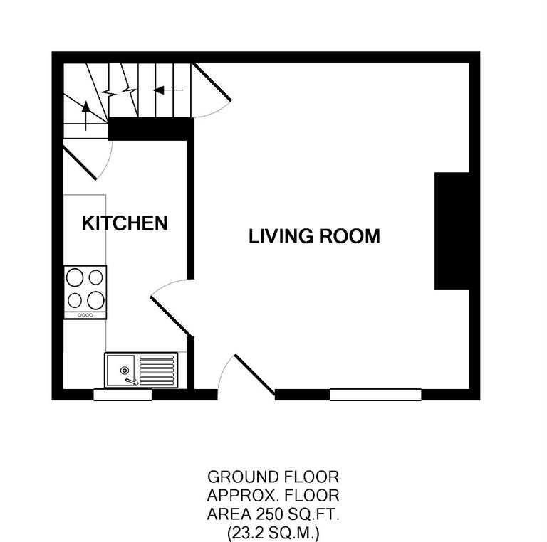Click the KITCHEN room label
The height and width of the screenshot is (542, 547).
click(x=125, y=223)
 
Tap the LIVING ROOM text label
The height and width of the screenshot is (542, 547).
click(x=314, y=236)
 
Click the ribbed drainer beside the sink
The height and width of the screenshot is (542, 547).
click(x=156, y=370)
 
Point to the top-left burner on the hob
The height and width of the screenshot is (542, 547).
click(x=75, y=277)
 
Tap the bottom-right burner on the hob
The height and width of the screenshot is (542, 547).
click(x=96, y=299)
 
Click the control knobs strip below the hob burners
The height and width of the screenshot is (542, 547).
click(x=85, y=315)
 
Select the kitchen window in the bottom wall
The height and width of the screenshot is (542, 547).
click(x=123, y=395)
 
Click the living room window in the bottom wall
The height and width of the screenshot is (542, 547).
click(x=375, y=395)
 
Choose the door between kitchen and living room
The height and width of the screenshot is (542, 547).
click(x=170, y=315)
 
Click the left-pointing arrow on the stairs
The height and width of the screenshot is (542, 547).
click(x=168, y=90)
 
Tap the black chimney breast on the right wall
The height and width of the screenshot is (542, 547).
click(x=452, y=230)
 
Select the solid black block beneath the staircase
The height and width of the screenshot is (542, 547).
click(x=151, y=129)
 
